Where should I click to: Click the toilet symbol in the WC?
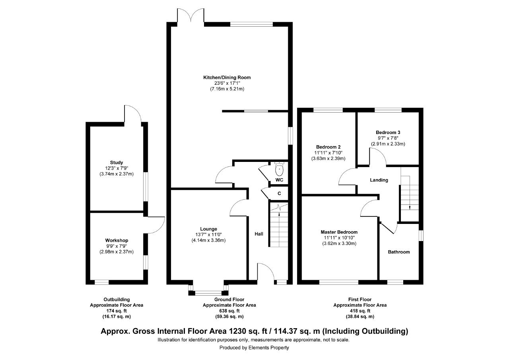tap(279, 169)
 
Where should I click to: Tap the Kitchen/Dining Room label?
tap(227, 78)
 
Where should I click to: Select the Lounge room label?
tap(208, 229)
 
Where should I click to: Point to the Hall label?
tap(259, 234)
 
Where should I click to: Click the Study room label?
tap(117, 163)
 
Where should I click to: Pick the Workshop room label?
tap(117, 240)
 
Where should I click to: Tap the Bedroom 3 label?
tap(388, 132)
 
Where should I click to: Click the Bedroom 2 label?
tap(328, 147)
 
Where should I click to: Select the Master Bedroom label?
tap(339, 232)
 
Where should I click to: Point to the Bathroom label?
tap(399, 252)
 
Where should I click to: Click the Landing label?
tap(379, 180)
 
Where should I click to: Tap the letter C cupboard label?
tap(279, 193)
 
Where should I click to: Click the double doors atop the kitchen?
tap(190, 16)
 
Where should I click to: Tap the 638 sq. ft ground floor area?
tap(229, 311)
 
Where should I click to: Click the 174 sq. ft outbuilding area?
tap(117, 311)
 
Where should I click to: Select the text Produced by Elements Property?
tap(254, 348)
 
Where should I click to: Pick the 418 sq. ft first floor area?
tap(360, 311)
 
